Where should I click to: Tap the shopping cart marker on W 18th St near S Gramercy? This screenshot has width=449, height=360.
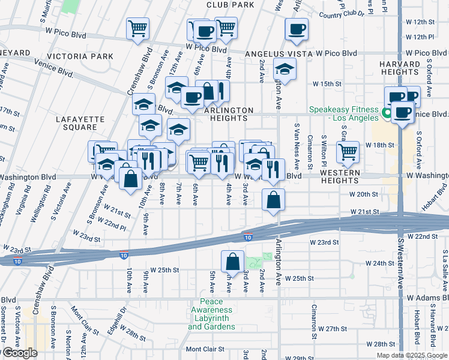click(348, 152)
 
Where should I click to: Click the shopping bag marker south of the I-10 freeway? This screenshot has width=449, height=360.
click(232, 261)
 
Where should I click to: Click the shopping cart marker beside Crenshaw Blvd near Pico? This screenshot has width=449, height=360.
click(137, 28)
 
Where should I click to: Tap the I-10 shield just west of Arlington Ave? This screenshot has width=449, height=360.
click(248, 238)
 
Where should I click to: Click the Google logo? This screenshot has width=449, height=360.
click(19, 353)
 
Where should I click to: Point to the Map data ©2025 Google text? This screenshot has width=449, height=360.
click(411, 355)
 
